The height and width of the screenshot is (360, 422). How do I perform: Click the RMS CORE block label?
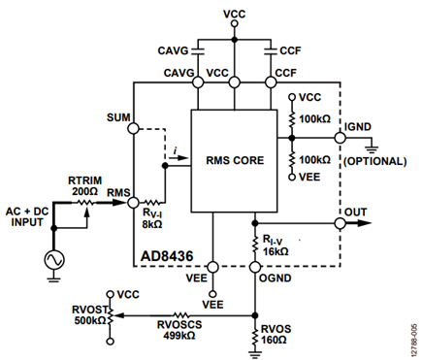[235, 160]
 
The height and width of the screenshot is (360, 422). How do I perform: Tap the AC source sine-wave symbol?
[54, 260]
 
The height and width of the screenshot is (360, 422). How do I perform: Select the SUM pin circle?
[133, 128]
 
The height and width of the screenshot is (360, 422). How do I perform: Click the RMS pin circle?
[133, 203]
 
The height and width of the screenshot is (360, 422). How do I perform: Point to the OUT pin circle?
[340, 223]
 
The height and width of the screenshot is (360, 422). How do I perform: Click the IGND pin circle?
[340, 138]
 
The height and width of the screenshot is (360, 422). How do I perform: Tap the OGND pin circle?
[255, 267]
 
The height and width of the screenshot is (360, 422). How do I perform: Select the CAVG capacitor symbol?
[198, 51]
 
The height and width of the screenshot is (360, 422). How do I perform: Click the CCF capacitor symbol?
[271, 51]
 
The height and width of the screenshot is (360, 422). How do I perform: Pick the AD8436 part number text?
[167, 256]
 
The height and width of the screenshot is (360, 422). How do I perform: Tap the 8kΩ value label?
[152, 224]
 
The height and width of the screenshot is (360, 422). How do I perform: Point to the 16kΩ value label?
[276, 251]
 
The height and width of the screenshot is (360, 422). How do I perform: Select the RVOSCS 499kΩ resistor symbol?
[181, 315]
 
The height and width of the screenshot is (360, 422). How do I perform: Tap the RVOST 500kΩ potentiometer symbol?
[111, 315]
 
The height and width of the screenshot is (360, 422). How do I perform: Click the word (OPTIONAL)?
[374, 161]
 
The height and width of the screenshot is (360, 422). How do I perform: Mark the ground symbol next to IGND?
[373, 149]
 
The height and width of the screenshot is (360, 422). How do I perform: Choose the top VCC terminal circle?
[235, 23]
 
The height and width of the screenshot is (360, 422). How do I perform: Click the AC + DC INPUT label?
[27, 216]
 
